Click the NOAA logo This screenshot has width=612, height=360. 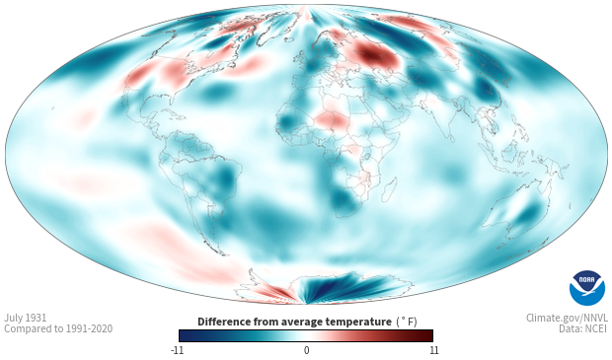click(587, 287)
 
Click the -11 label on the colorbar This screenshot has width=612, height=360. click(177, 350)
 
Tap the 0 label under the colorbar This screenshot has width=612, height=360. click(306, 350)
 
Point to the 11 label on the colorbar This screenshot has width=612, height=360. click(433, 350)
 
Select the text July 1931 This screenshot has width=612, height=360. click(26, 318)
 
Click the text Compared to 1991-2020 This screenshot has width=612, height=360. click(58, 328)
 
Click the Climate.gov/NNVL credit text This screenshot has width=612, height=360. click(567, 318)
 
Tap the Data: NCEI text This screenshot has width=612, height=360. click(583, 328)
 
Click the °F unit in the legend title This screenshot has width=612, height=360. click(407, 323)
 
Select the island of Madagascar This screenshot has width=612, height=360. click(389, 189)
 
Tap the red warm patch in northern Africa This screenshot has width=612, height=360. click(332, 118)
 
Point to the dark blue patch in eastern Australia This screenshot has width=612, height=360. click(528, 214)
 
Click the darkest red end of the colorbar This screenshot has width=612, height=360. click(428, 335)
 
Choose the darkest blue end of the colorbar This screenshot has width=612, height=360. click(184, 335)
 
